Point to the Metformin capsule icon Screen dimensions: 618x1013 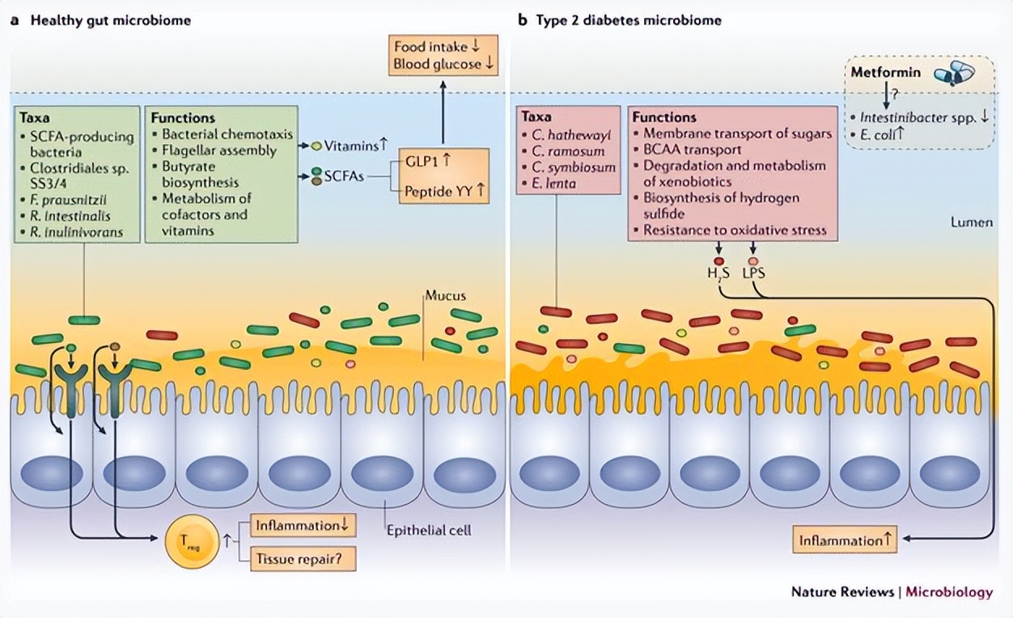pyautogui.click(x=954, y=75)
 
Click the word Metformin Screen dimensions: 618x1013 pyautogui.click(x=885, y=73)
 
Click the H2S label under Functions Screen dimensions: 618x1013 pyautogui.click(x=718, y=273)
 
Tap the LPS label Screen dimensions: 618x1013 pyautogui.click(x=753, y=273)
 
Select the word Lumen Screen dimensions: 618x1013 pyautogui.click(x=972, y=222)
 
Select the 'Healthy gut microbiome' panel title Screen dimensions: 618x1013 pyautogui.click(x=110, y=20)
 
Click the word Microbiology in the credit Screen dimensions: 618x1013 pyautogui.click(x=948, y=592)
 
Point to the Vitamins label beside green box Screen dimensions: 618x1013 pyautogui.click(x=350, y=146)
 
